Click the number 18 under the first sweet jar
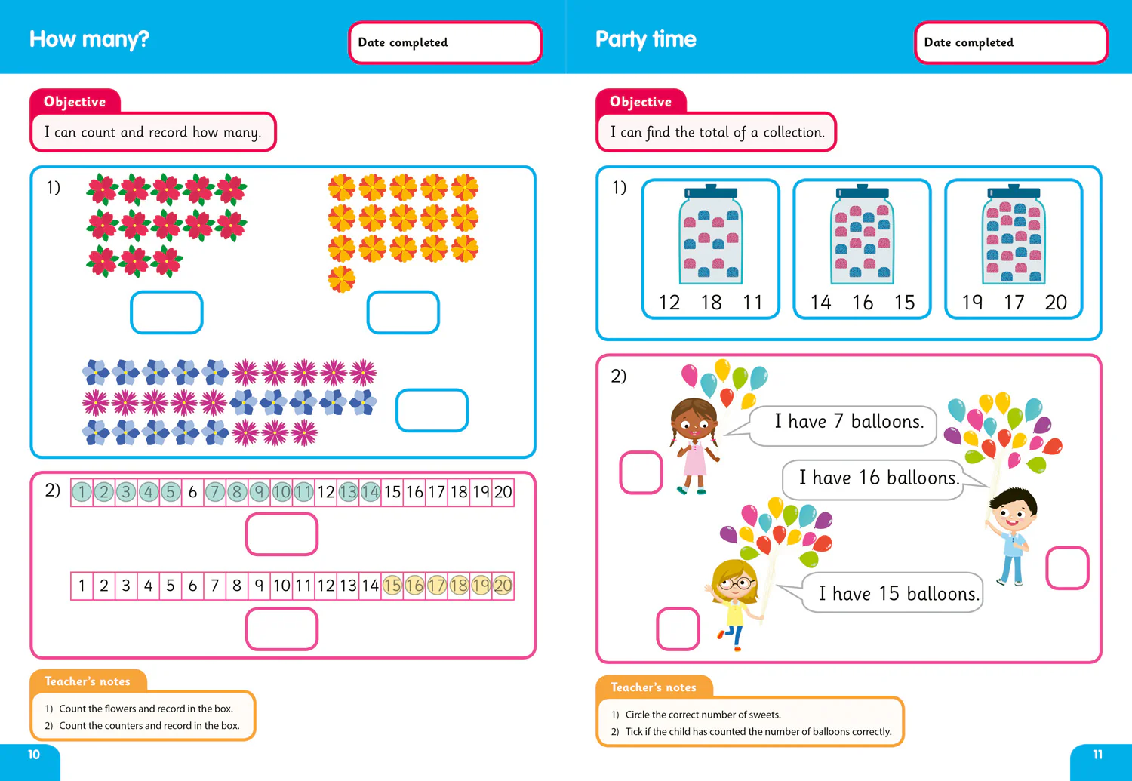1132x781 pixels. click(711, 302)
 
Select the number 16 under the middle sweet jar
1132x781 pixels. click(862, 302)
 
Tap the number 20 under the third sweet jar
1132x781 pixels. click(1056, 302)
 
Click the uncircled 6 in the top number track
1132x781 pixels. click(192, 492)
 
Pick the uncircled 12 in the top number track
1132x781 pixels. click(326, 492)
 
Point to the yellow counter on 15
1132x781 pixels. click(392, 586)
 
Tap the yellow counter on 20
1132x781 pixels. click(503, 586)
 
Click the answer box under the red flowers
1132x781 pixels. click(167, 312)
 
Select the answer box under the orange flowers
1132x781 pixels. click(403, 312)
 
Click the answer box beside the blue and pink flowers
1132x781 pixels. click(432, 410)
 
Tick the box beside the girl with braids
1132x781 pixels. click(641, 472)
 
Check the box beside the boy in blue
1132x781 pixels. click(1067, 567)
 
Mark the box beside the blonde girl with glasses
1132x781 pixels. click(678, 629)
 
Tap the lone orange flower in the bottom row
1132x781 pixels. click(342, 279)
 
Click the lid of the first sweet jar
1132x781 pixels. click(711, 192)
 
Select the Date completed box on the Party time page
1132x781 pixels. click(1011, 42)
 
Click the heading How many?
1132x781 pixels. click(89, 39)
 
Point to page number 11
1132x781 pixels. click(1097, 755)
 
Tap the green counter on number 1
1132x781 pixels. click(82, 492)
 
